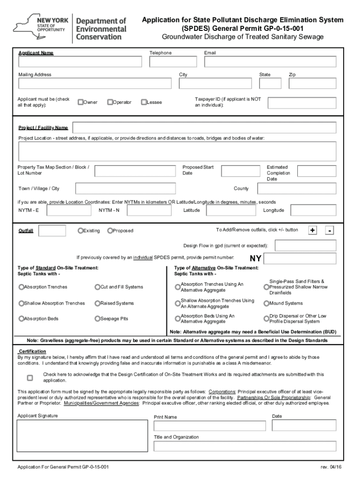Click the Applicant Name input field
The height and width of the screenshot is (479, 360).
coord(80,62)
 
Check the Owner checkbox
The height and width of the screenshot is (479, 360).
coord(80,102)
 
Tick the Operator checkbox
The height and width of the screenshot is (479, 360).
coord(110,102)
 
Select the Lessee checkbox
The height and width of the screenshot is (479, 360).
coord(144,102)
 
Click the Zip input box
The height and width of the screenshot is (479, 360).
coord(312,83)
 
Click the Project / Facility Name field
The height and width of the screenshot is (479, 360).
coord(204,128)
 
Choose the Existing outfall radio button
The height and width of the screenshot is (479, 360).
coord(80,231)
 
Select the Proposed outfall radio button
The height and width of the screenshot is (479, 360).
coord(110,231)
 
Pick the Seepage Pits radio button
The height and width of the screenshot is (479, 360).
coord(97,319)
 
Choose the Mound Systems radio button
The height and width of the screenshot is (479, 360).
coord(266,303)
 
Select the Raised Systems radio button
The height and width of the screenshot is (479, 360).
coord(97,303)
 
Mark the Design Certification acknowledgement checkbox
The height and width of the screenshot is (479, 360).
coord(30,377)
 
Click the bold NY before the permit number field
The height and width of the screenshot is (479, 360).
coord(256,259)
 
